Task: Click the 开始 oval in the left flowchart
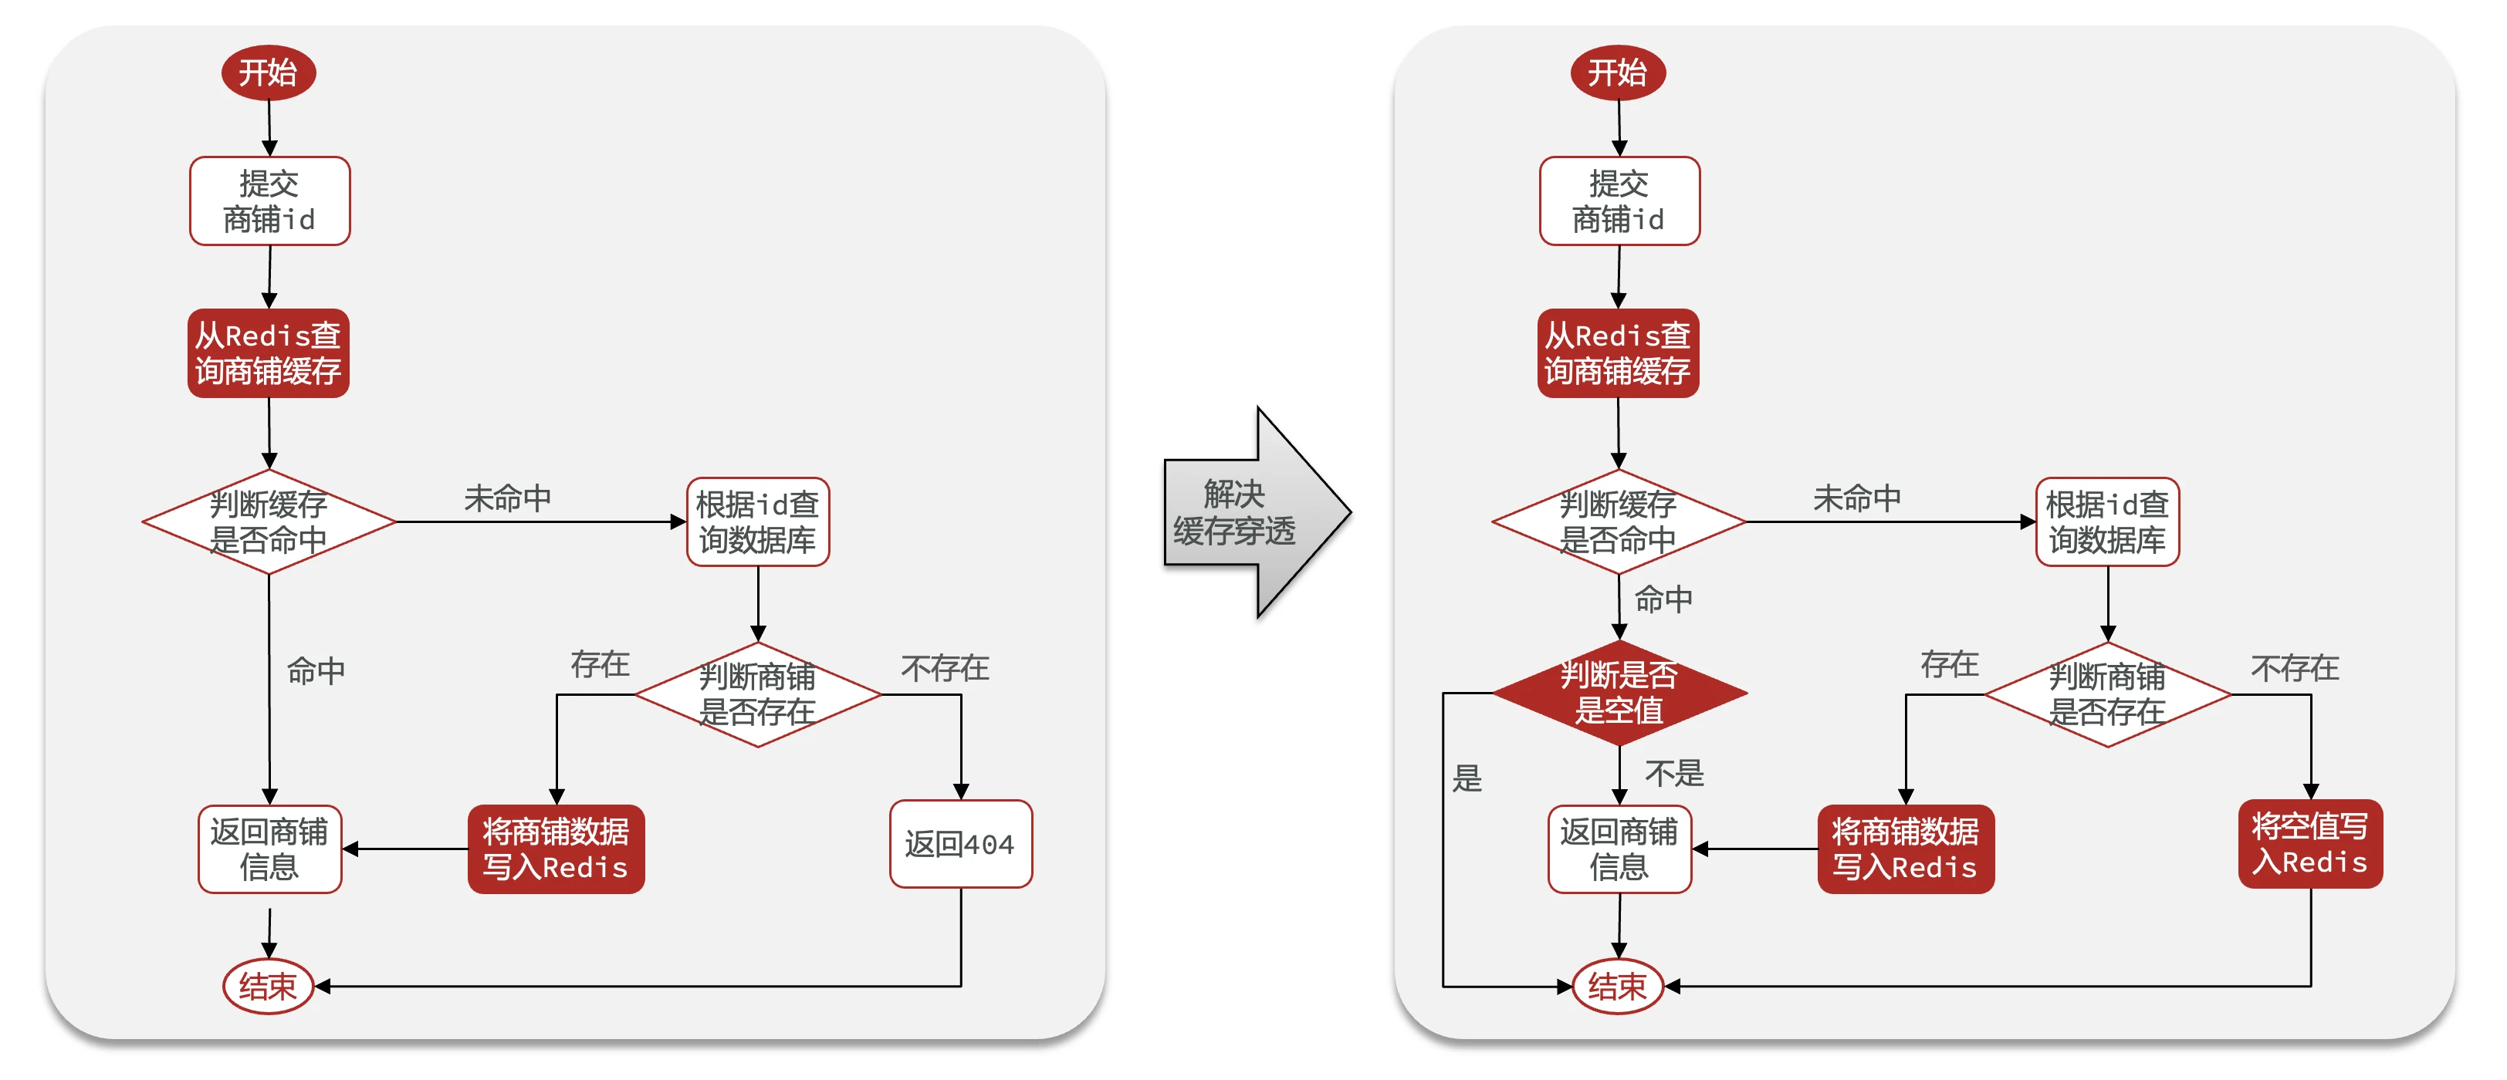(268, 72)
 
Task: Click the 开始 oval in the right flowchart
(1618, 72)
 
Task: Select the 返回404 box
(959, 844)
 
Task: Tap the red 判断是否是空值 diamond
(1619, 693)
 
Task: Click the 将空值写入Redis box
(2309, 844)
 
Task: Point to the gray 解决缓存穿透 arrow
(1250, 513)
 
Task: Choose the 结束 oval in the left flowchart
(268, 987)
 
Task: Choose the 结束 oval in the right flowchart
(1618, 987)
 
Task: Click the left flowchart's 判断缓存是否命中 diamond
(269, 521)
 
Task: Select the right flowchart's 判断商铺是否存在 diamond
(2107, 694)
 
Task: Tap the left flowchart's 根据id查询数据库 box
(757, 521)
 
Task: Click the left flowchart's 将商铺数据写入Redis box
(556, 849)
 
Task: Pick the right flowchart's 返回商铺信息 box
(1619, 849)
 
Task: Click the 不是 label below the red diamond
(1674, 774)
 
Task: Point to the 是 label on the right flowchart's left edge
(1467, 778)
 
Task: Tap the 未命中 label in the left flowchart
(507, 498)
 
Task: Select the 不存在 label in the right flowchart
(2294, 667)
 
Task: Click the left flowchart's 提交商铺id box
(269, 201)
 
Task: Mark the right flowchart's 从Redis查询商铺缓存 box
(1618, 353)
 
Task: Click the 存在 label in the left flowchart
(600, 664)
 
